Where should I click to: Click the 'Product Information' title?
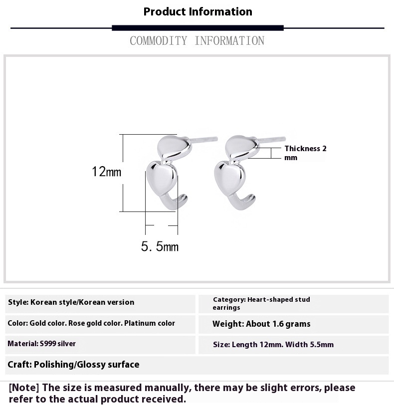(x=197, y=11)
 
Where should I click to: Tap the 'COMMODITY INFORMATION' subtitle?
(x=197, y=41)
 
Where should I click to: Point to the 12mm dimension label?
(x=106, y=172)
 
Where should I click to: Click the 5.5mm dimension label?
(x=160, y=246)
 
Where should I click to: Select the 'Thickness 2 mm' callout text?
(x=305, y=153)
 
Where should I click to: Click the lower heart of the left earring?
(x=161, y=176)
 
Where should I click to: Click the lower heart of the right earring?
(x=229, y=176)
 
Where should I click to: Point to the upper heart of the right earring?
(x=241, y=145)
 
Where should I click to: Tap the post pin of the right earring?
(x=272, y=139)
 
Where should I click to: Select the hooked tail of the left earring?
(x=178, y=202)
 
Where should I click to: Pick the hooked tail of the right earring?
(x=245, y=202)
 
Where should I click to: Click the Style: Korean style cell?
(x=71, y=302)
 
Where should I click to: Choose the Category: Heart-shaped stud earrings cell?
(x=261, y=303)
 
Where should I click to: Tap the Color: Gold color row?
(x=91, y=323)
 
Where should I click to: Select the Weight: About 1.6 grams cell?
(x=261, y=324)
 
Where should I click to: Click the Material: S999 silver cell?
(x=42, y=344)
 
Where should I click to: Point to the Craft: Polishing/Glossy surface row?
(x=73, y=365)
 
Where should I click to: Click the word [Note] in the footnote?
(x=24, y=388)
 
